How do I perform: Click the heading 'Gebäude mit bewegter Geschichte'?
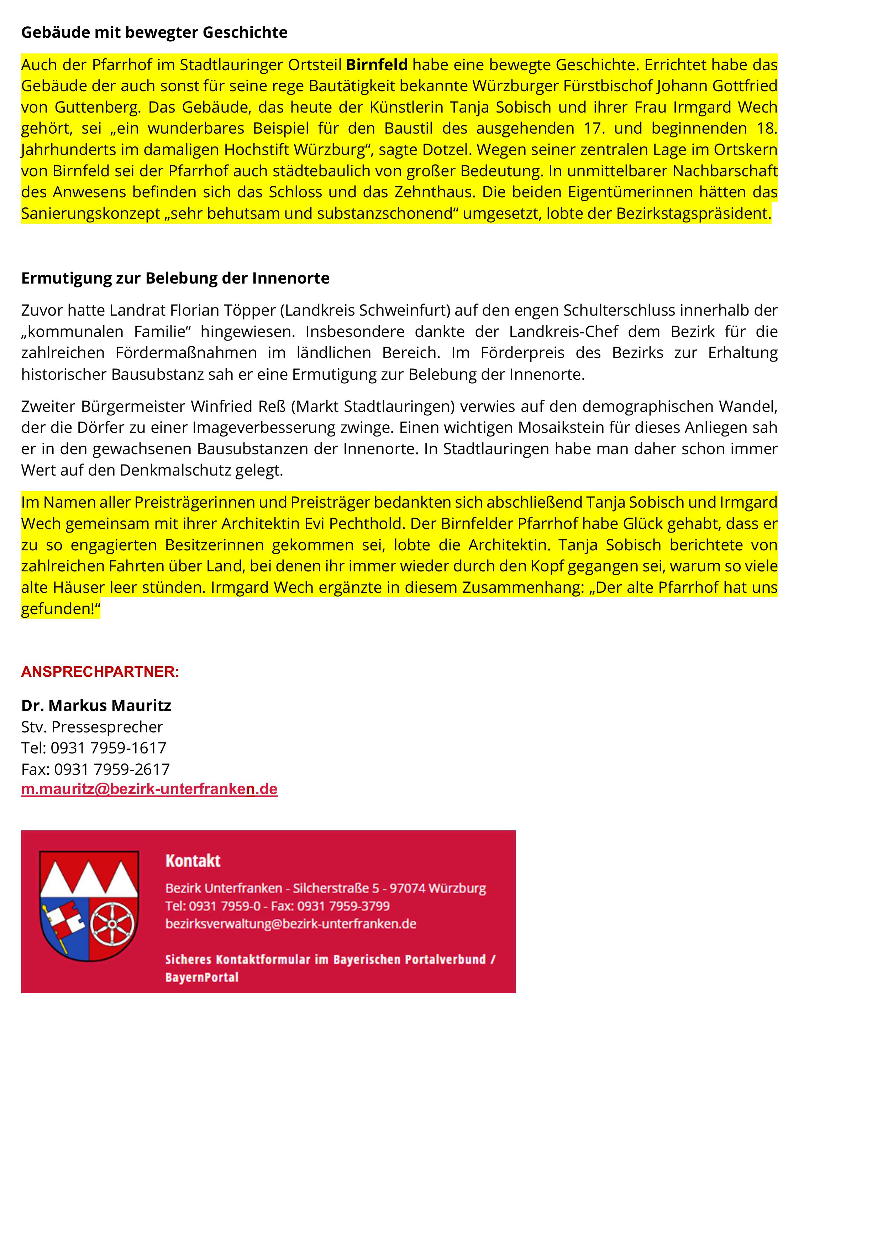click(x=154, y=33)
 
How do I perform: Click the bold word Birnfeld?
click(x=377, y=65)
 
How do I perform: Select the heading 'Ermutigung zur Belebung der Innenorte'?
click(x=175, y=278)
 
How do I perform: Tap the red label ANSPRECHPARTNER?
click(x=100, y=672)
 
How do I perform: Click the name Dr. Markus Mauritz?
click(x=96, y=706)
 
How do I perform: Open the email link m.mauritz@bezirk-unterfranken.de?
click(x=149, y=789)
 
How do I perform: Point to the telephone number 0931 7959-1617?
click(x=108, y=748)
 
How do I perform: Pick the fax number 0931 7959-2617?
click(x=111, y=769)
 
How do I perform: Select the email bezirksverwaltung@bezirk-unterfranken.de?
click(x=290, y=924)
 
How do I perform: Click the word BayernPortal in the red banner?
click(x=202, y=977)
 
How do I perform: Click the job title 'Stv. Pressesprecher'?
click(x=92, y=727)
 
